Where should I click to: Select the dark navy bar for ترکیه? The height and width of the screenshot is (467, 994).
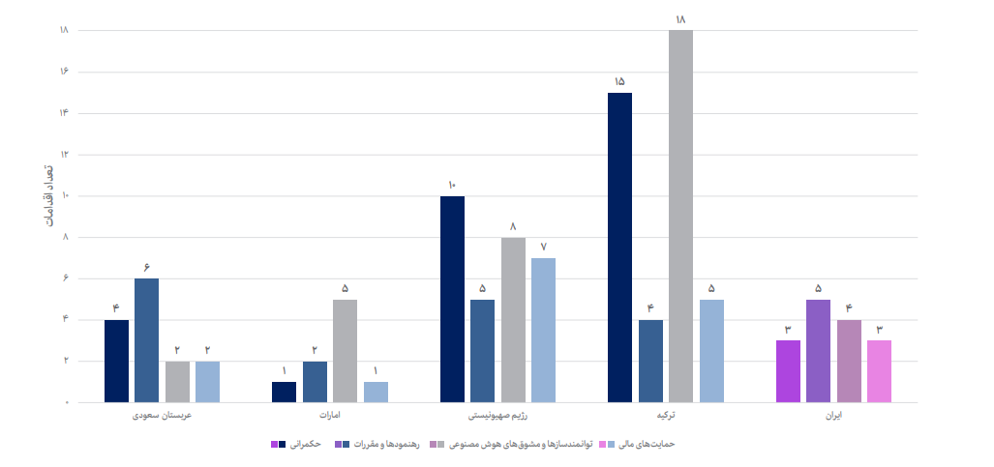619,247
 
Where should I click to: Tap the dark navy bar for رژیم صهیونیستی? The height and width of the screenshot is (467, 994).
452,299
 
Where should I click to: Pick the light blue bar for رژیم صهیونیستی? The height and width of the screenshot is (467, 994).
543,330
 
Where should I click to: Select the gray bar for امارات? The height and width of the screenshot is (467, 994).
345,350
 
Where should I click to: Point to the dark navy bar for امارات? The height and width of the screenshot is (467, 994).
284,392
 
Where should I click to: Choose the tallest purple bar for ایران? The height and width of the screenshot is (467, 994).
818,350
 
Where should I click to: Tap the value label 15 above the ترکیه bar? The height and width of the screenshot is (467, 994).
619,81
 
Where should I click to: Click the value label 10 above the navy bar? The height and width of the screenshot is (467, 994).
452,185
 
